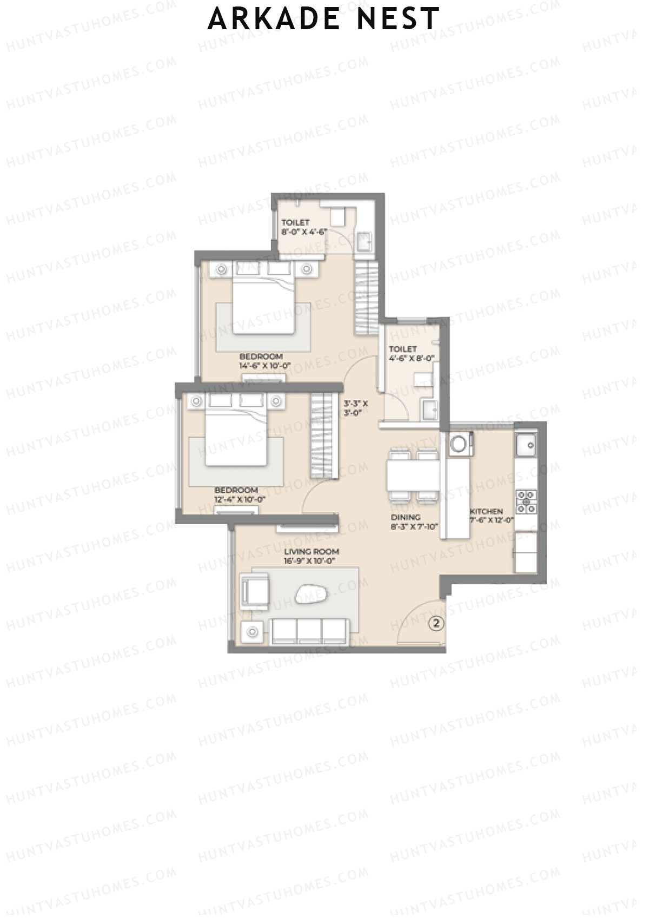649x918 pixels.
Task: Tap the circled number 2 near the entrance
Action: (436, 623)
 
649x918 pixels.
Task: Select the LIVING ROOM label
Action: (312, 552)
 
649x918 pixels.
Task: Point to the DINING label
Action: (406, 517)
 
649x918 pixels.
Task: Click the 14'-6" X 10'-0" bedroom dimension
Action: (264, 366)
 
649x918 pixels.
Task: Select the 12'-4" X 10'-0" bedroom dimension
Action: (239, 500)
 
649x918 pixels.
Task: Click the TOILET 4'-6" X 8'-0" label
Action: (411, 353)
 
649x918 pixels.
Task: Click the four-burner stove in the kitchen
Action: (526, 501)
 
